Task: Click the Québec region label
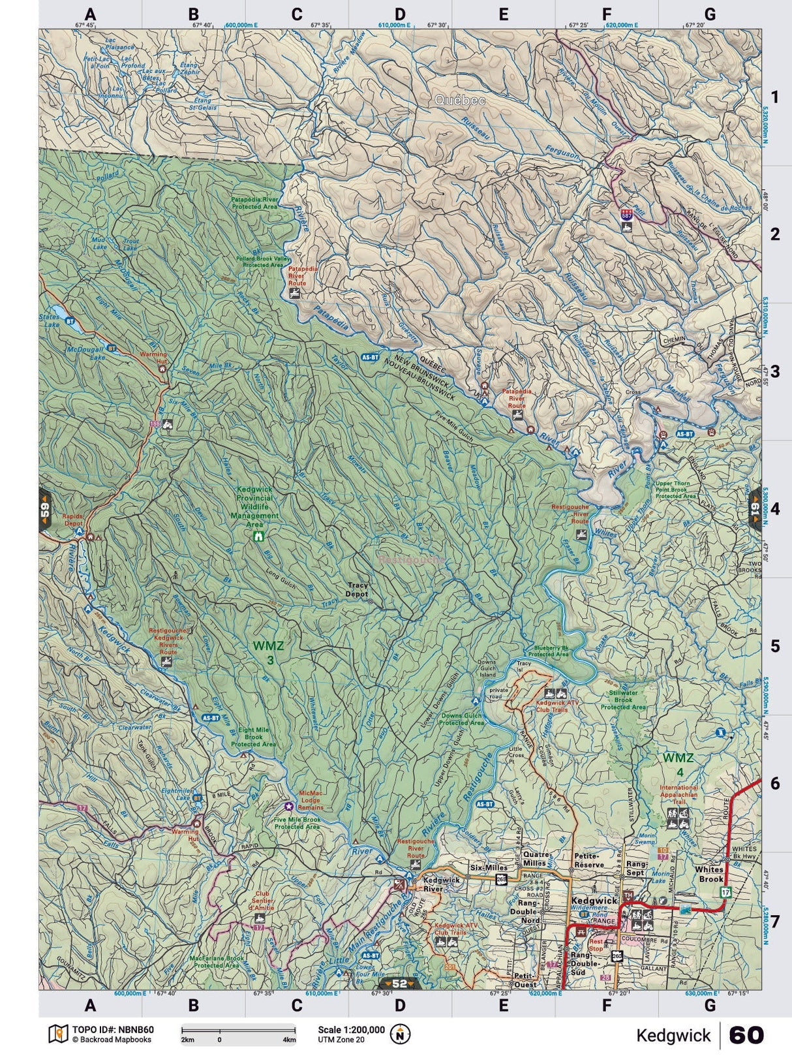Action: [461, 101]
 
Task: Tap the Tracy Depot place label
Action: [358, 589]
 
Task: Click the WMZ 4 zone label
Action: [678, 765]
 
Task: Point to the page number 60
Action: [746, 1035]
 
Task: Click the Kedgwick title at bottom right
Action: [673, 1036]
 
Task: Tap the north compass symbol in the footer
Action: [400, 1034]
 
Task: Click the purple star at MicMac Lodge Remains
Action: [288, 807]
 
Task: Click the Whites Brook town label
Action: [708, 874]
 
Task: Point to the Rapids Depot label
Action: [73, 520]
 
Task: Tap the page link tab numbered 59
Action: [45, 508]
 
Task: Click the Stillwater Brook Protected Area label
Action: [623, 700]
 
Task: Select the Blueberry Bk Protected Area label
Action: [548, 650]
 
